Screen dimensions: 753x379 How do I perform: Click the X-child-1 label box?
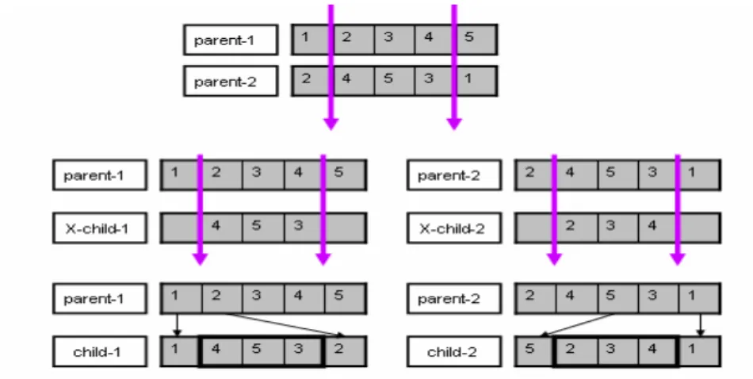(x=100, y=228)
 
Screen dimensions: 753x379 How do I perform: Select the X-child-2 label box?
(x=454, y=228)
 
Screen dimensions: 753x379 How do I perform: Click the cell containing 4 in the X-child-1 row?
(x=222, y=228)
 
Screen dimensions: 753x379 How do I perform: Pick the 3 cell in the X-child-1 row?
(x=304, y=228)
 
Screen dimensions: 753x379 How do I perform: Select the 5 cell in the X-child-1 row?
(x=263, y=228)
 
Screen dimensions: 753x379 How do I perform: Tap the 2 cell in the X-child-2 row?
(x=576, y=228)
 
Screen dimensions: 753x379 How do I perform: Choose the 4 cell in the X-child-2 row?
(x=658, y=228)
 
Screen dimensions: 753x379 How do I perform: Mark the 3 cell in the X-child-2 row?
(x=617, y=228)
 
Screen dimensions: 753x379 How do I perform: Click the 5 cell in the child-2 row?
(x=534, y=351)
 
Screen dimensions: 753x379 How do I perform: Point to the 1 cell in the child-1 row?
(x=180, y=351)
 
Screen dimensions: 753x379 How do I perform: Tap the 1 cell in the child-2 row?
(x=699, y=351)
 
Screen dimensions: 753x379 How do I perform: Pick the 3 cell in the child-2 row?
(x=617, y=351)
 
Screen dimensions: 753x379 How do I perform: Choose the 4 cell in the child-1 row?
(x=222, y=351)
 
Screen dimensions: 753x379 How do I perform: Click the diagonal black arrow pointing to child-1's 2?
(x=285, y=325)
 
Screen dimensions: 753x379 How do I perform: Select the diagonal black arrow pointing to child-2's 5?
(x=577, y=325)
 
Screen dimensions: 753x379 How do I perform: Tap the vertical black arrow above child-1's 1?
(x=177, y=325)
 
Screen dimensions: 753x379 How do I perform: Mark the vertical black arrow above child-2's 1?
(x=700, y=325)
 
